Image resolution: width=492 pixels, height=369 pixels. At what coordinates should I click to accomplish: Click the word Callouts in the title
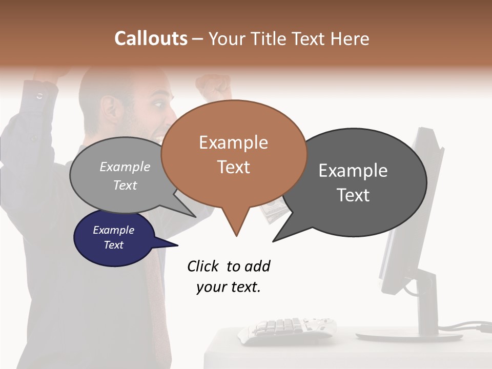click(151, 38)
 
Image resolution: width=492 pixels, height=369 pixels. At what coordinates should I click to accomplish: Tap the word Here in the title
click(350, 38)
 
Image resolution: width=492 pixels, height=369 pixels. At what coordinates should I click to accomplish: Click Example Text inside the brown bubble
click(234, 154)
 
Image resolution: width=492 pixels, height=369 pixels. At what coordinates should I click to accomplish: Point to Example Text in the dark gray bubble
click(353, 182)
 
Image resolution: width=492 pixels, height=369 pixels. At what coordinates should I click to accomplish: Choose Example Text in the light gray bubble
click(125, 175)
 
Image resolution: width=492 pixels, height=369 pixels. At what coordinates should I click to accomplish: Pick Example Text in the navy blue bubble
click(113, 237)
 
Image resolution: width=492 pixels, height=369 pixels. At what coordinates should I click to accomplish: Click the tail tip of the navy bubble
click(177, 245)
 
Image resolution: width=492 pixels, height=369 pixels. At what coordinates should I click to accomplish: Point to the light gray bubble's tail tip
click(195, 217)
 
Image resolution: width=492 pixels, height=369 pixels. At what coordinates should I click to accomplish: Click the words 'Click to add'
click(229, 266)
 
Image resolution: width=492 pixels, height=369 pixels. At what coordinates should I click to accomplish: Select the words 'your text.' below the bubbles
click(229, 287)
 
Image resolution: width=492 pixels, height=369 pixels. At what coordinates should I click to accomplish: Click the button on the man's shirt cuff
click(40, 95)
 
